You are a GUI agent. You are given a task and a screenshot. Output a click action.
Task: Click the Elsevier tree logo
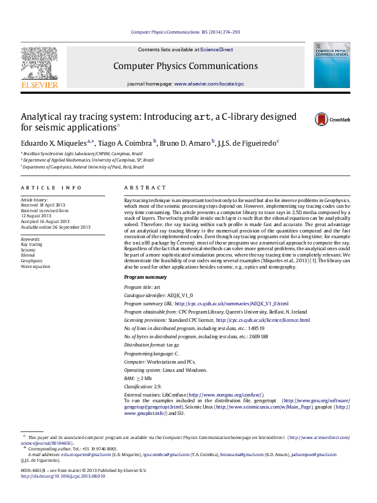coord(40,66)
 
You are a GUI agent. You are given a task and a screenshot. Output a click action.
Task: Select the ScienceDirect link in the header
coord(217,49)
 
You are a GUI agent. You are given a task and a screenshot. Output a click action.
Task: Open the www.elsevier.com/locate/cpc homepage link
coord(208,84)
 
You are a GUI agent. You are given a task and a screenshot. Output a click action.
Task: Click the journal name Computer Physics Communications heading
coord(186,67)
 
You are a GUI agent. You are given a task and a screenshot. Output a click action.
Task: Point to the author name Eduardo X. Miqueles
coord(53,143)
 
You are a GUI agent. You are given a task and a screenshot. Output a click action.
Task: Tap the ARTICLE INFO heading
coord(51,188)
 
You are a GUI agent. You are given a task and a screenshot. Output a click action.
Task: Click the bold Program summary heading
coord(145,277)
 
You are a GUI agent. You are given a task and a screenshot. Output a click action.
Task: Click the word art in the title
coord(202,117)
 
